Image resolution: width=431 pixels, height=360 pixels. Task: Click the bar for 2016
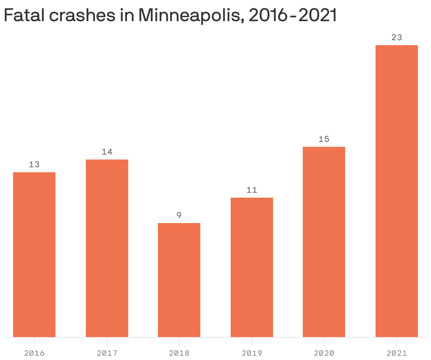(x=34, y=254)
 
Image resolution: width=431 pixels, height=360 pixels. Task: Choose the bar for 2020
(x=324, y=242)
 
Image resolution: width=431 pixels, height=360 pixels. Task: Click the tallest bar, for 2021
(x=397, y=191)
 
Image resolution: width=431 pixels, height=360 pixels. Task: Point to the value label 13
(x=34, y=164)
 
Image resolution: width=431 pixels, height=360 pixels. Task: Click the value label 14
(x=107, y=152)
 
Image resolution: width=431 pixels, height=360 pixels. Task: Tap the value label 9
(x=179, y=215)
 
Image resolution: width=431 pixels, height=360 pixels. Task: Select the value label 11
(x=252, y=190)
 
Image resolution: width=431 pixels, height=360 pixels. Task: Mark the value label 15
(x=324, y=139)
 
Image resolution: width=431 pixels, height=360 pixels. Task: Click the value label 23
(x=397, y=37)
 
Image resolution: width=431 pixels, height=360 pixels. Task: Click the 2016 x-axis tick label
(x=34, y=353)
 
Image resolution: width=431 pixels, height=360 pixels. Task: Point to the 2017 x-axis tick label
(x=107, y=353)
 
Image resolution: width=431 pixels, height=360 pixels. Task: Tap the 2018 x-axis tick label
(x=179, y=353)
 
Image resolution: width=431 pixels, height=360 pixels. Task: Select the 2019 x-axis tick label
(x=252, y=353)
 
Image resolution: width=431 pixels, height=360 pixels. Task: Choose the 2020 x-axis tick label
(x=324, y=353)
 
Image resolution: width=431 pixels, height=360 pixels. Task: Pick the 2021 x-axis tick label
(x=397, y=353)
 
